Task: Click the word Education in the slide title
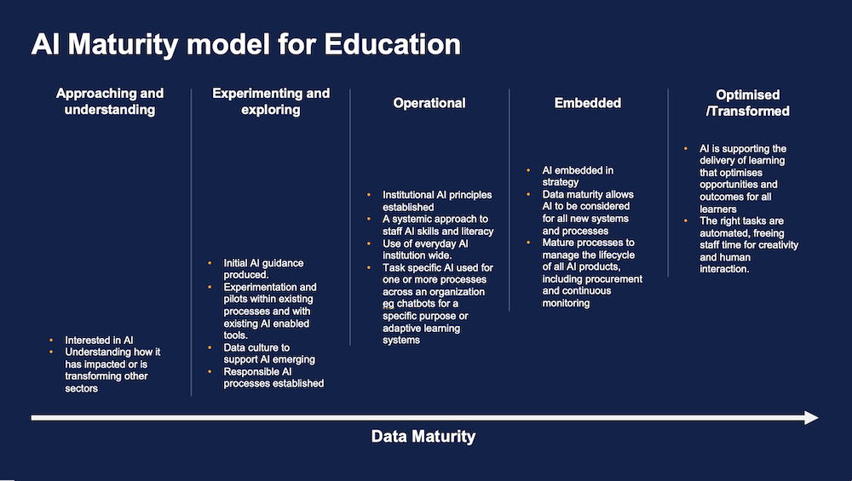tap(392, 44)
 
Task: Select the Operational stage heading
tap(429, 103)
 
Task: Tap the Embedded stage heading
tap(587, 103)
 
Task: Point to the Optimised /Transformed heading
tap(748, 103)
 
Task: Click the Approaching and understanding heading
tap(110, 101)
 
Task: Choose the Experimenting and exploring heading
tap(271, 101)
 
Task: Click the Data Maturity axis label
tap(423, 436)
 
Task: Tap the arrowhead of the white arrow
tap(811, 417)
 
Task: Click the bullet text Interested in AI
tap(99, 340)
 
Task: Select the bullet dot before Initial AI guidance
tap(210, 263)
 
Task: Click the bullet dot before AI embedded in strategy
tap(528, 170)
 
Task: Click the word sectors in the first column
tap(82, 388)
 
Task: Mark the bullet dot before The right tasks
tap(686, 221)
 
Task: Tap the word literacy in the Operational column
tap(475, 232)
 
